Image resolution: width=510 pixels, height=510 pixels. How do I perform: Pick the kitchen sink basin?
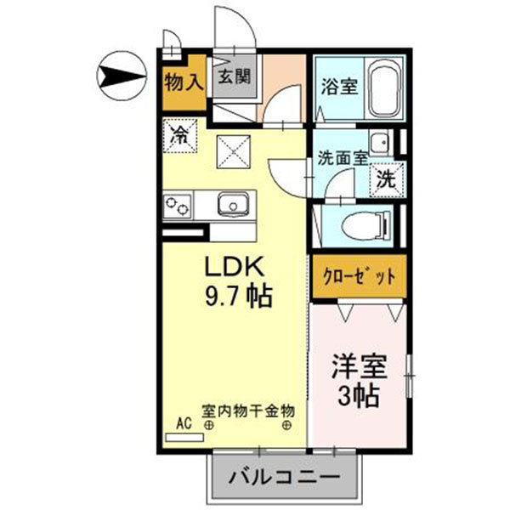(x=231, y=204)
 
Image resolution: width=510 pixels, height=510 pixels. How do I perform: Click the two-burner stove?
(x=178, y=206)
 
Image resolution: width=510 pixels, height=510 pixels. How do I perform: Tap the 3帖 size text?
(x=359, y=396)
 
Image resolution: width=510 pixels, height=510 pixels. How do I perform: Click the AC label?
(x=184, y=420)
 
